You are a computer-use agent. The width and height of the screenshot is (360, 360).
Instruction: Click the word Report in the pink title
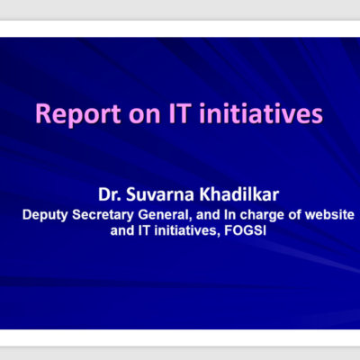pos(78,114)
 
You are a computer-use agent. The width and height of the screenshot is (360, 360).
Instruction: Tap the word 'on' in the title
pos(145,115)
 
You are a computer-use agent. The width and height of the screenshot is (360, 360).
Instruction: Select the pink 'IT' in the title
pos(180,113)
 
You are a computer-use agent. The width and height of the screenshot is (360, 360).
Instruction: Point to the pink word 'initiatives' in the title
pos(261,113)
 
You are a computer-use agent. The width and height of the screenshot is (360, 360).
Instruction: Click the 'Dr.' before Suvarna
pos(110,194)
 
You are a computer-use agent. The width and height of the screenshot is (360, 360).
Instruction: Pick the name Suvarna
pos(160,194)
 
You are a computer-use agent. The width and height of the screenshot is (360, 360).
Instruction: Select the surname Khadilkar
pos(239,194)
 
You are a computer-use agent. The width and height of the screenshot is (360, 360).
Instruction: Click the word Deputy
pos(45,215)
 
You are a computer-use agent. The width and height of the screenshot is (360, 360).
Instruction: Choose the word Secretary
pos(103,215)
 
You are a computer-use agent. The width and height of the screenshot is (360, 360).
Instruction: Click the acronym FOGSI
pos(245,230)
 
